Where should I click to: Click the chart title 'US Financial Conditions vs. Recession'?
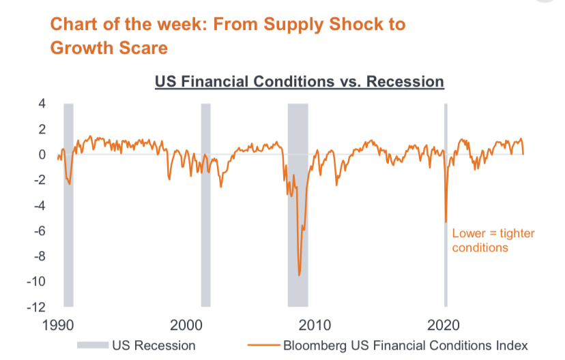[300, 82]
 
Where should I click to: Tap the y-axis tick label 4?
[42, 104]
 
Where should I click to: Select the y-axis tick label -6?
[39, 231]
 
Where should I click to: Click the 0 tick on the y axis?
[42, 155]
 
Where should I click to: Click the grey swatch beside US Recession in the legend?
[93, 345]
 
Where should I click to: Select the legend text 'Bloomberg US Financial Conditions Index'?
[405, 345]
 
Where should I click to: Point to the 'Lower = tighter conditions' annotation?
[484, 241]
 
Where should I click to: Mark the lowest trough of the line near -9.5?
[299, 275]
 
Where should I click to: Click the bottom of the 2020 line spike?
[446, 222]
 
